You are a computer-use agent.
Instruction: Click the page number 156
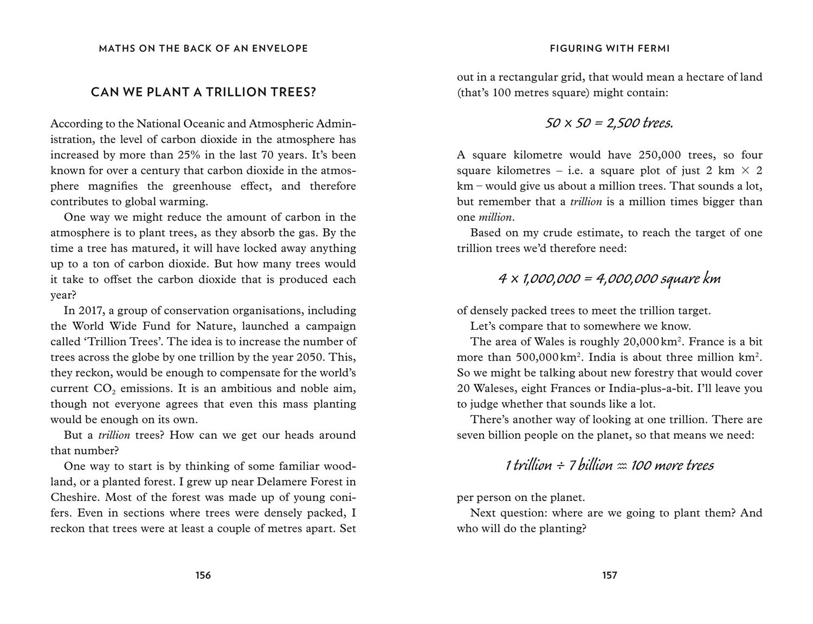(x=203, y=575)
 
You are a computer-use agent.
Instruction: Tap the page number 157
(x=610, y=575)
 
